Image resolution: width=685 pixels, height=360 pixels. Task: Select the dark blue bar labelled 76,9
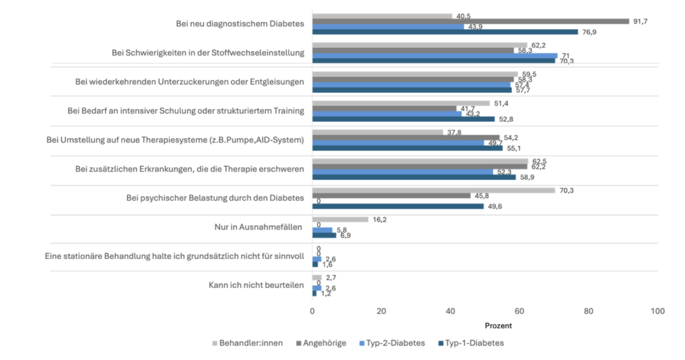445,31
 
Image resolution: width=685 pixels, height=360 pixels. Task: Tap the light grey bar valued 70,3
433,190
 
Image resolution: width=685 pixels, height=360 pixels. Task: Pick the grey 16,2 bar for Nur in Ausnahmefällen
340,219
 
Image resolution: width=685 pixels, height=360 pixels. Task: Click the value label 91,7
641,21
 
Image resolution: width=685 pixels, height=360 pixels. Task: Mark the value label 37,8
454,132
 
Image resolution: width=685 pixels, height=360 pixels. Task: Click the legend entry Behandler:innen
251,343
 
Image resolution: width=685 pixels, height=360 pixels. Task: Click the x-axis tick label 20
381,311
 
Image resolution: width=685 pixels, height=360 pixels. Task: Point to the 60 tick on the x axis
520,311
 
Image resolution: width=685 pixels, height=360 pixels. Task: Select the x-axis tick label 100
658,311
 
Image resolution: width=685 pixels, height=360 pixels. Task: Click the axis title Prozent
498,326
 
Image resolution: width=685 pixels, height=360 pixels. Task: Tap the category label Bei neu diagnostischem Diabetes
240,24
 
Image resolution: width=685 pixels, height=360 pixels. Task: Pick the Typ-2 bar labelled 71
434,56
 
